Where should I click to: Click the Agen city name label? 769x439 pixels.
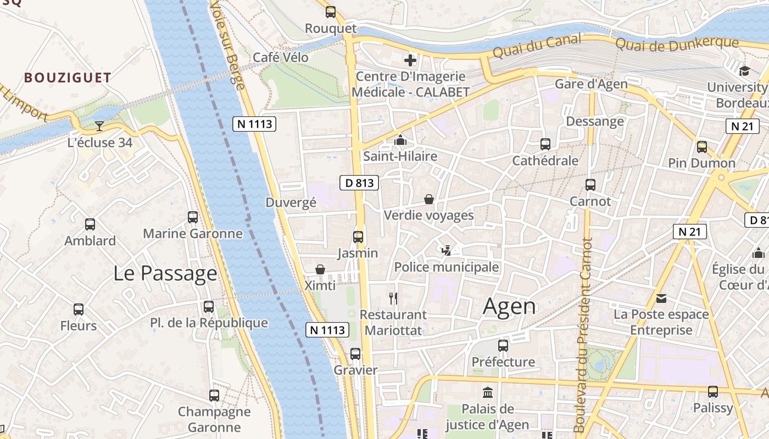(509, 306)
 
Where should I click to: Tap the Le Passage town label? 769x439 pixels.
(165, 273)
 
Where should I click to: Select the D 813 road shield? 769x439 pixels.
(360, 183)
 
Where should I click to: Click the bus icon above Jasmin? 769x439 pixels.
(358, 237)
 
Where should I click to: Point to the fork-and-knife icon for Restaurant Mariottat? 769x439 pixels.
(393, 299)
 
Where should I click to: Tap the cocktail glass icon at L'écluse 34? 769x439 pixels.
(99, 126)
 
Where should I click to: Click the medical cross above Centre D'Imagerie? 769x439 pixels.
(410, 60)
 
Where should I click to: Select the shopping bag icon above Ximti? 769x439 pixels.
(320, 269)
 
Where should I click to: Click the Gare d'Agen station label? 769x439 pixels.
(591, 84)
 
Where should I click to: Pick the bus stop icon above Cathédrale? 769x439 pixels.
(545, 144)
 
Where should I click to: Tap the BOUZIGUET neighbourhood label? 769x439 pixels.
(68, 77)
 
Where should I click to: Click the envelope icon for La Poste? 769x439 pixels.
(661, 299)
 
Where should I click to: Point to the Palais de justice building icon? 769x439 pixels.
(487, 392)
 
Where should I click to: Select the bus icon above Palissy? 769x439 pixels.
(713, 392)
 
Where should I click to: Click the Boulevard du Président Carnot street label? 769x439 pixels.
(584, 335)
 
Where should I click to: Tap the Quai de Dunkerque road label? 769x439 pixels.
(677, 43)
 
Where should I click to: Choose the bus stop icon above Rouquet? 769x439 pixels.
(331, 12)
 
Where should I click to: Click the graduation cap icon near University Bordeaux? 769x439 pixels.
(744, 71)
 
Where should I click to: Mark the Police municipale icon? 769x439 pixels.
(447, 251)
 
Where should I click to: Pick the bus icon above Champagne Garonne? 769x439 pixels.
(214, 395)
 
